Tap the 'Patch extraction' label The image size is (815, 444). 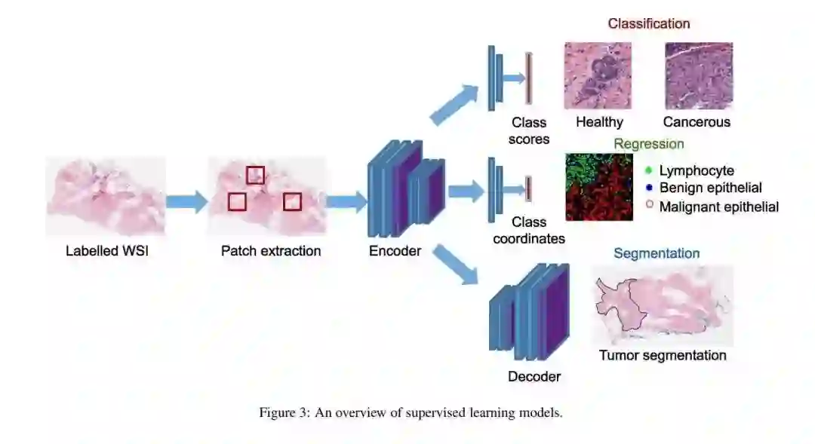click(271, 251)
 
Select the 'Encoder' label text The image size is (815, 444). click(395, 251)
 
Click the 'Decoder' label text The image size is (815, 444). click(534, 375)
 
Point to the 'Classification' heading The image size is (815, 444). click(649, 23)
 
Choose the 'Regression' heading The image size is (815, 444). click(649, 144)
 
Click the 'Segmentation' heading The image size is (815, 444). click(657, 253)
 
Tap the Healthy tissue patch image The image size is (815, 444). click(598, 75)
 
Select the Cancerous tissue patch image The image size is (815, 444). click(699, 75)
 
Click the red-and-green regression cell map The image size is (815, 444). click(599, 187)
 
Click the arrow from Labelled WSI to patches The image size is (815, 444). click(186, 201)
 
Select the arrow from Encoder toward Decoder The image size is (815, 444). click(457, 265)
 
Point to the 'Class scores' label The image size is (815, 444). click(529, 130)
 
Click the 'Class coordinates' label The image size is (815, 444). click(529, 231)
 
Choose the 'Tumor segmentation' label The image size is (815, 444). click(663, 355)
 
